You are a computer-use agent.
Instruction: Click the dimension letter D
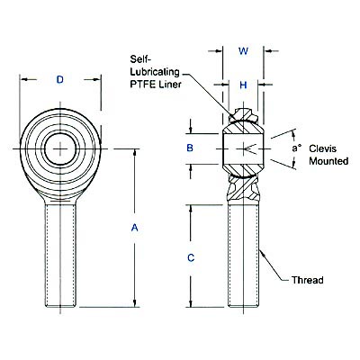point(59,80)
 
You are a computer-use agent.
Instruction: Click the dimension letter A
point(135,229)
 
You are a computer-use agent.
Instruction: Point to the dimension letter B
point(190,148)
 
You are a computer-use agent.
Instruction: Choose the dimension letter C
point(190,257)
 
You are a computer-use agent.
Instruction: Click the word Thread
point(307,281)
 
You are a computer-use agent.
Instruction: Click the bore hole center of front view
point(59,146)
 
